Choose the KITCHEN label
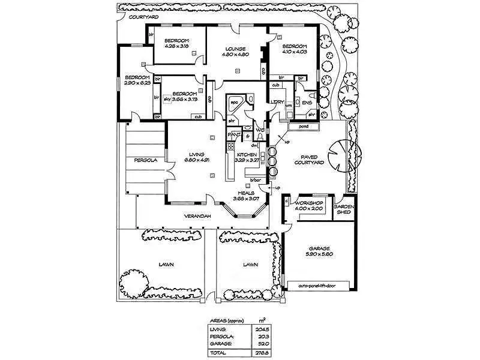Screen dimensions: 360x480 (x=247, y=154)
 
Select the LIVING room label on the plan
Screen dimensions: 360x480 (x=196, y=154)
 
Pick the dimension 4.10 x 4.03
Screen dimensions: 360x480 (x=295, y=52)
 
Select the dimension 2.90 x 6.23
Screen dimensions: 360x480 (x=137, y=83)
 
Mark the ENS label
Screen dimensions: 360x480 (x=307, y=103)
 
